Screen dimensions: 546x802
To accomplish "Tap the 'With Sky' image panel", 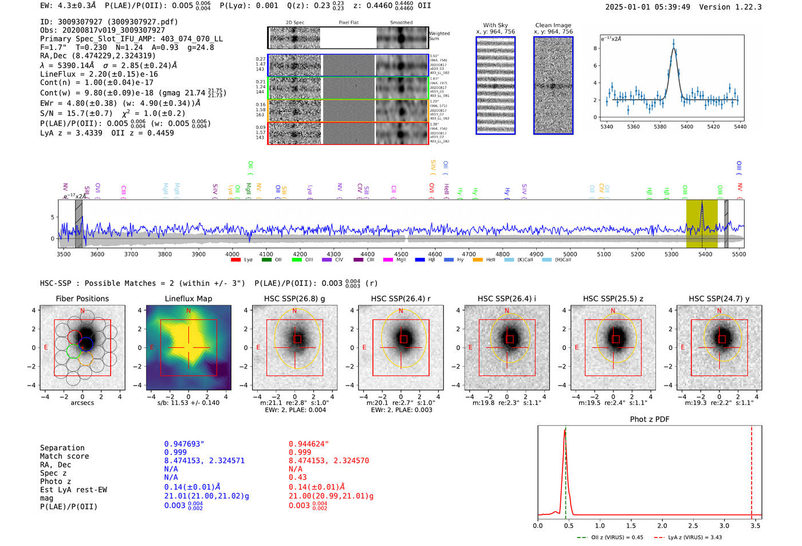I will pos(496,85).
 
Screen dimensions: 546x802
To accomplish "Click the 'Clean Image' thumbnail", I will pos(553,85).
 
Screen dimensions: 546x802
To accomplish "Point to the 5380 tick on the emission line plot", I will pos(660,127).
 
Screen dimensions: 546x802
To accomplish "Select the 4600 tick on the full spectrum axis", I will pos(435,254).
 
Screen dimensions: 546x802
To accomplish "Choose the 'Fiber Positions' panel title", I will pos(82,298).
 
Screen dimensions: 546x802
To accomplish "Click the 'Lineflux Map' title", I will pos(188,298).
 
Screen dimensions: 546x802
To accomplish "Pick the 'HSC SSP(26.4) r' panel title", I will pos(400,298).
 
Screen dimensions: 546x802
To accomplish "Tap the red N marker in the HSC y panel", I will pos(719,311).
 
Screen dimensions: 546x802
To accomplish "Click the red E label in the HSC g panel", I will pos(258,348).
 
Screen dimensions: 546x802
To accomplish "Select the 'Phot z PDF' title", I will pos(650,419).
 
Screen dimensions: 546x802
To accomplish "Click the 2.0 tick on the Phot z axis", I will pos(662,525).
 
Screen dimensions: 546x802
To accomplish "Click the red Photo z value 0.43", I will pos(298,477).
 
